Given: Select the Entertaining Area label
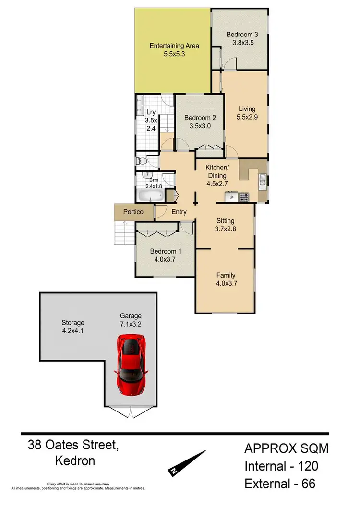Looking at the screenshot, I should click(174, 46).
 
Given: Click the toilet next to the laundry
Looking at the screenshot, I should click(140, 161).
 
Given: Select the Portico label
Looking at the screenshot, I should click(134, 212).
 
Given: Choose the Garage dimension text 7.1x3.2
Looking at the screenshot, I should click(131, 325).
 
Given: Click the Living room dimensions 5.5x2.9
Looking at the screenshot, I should click(246, 117).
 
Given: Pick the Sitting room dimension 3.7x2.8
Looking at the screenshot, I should click(226, 229).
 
